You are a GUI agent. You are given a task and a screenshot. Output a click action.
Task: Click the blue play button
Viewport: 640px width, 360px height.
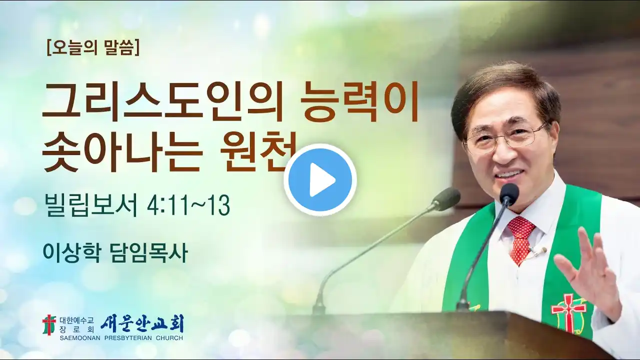320,180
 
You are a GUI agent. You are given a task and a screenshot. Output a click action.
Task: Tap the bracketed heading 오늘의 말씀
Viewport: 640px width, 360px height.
93,48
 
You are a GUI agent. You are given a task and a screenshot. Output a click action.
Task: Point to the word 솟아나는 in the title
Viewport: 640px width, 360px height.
123,153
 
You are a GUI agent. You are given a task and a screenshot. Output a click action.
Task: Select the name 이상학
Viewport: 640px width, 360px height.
71,253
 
